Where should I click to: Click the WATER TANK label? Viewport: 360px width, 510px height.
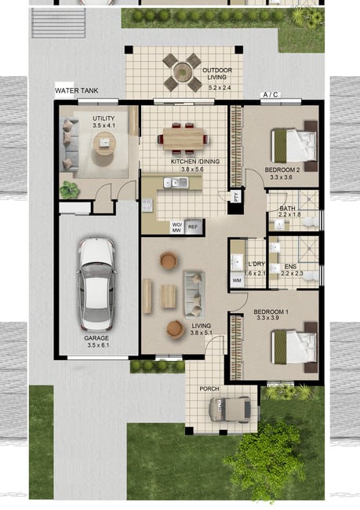76,91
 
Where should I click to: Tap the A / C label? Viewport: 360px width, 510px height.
271,95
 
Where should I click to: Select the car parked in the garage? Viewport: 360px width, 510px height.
96,284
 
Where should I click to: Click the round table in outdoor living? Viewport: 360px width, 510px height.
182,71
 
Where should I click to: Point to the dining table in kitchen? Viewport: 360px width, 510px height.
183,139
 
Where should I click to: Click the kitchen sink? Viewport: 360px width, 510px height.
176,183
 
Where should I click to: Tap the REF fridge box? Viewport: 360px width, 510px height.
193,227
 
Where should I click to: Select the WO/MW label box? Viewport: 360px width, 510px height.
176,228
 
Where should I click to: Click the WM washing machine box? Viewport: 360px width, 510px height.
237,281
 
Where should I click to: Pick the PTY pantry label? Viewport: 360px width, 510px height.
236,196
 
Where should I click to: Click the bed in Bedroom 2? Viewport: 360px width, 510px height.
294,146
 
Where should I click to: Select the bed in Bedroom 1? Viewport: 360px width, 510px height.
294,347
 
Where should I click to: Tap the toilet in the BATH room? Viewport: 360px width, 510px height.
311,222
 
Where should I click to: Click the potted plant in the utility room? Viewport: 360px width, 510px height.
69,190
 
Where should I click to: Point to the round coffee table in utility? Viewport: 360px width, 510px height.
104,143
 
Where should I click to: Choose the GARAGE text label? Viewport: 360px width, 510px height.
96,338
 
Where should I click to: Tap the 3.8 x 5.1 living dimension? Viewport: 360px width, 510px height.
201,333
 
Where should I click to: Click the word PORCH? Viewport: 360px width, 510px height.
209,388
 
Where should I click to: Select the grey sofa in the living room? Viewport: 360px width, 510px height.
195,294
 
